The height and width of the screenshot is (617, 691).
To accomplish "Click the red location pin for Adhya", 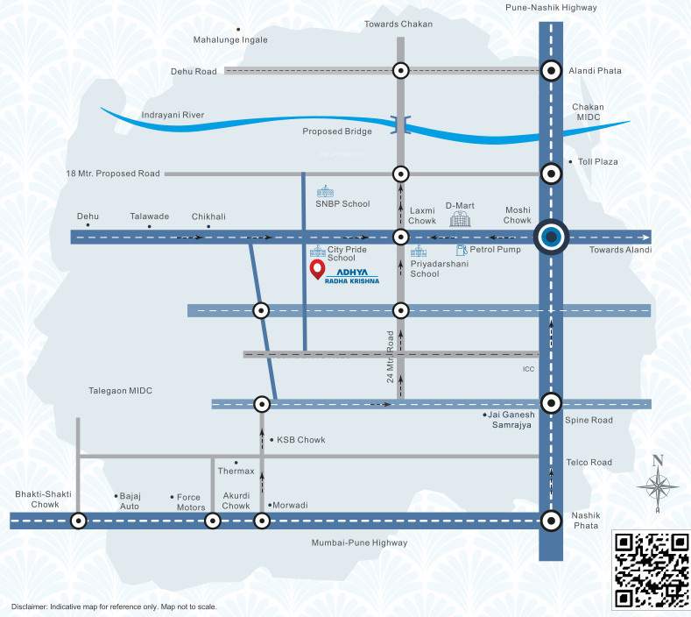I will tap(316, 269).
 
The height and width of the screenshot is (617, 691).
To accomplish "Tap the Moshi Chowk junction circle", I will tap(551, 237).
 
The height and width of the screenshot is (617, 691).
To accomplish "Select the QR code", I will tap(651, 570).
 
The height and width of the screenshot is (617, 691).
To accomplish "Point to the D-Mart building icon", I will tap(460, 219).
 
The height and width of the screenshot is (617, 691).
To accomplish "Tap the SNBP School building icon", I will tap(326, 191).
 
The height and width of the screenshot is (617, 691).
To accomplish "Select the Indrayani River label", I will tap(173, 115).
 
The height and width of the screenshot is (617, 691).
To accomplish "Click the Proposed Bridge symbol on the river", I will tap(400, 126).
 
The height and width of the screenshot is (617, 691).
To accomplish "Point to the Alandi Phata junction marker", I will tap(551, 71).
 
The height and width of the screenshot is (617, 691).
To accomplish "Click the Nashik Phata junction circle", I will tap(551, 521).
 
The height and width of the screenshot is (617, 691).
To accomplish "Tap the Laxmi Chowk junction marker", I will tap(400, 237).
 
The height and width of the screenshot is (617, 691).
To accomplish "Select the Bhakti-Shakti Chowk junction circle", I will tap(79, 521).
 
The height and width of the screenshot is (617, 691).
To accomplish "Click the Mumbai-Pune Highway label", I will tap(359, 543).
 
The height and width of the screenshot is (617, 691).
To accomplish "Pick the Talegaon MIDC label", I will tap(120, 391).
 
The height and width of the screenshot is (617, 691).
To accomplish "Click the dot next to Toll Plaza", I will tap(570, 162).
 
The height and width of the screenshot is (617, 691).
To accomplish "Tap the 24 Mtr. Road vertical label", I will tap(391, 357).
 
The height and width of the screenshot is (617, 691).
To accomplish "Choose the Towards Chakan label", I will tap(398, 24).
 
